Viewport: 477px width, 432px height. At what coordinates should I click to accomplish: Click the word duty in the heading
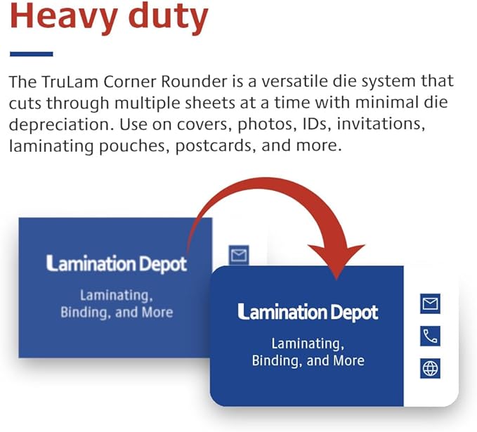click(x=166, y=18)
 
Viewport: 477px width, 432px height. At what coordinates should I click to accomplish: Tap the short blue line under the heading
click(x=31, y=53)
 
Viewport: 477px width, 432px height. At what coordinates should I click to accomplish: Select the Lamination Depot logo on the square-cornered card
click(x=117, y=263)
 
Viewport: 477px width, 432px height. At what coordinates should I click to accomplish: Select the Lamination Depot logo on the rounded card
click(x=308, y=312)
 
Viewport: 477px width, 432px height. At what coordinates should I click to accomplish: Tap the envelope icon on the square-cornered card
click(x=239, y=254)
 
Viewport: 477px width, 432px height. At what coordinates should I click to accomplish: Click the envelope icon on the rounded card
click(x=430, y=304)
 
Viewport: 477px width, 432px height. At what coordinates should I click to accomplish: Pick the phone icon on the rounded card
click(x=430, y=336)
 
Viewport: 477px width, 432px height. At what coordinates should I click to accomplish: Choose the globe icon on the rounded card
click(x=430, y=368)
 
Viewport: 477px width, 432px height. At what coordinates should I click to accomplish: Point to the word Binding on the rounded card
click(x=277, y=360)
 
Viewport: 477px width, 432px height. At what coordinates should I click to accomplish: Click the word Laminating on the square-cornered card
click(x=117, y=295)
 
